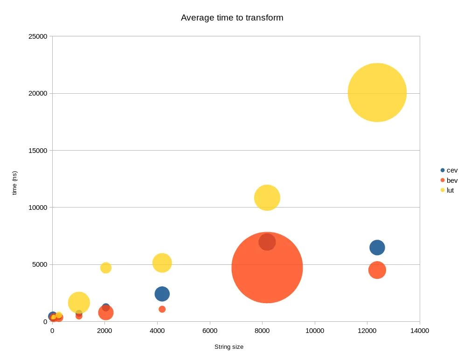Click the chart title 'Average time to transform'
pyautogui.click(x=232, y=18)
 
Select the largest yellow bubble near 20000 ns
pyautogui.click(x=377, y=92)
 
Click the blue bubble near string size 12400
pyautogui.click(x=377, y=247)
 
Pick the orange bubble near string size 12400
pyautogui.click(x=377, y=270)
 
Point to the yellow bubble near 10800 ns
pyautogui.click(x=267, y=198)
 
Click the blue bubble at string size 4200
pyautogui.click(x=162, y=294)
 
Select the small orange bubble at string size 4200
pyautogui.click(x=162, y=309)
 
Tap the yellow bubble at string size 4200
pyautogui.click(x=162, y=263)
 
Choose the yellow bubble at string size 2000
pyautogui.click(x=106, y=268)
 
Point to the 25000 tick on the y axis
pyautogui.click(x=38, y=36)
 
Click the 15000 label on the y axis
pyautogui.click(x=38, y=151)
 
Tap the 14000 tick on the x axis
pyautogui.click(x=419, y=331)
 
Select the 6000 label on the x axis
pyautogui.click(x=210, y=331)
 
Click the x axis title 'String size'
pyautogui.click(x=229, y=347)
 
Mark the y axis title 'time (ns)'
pyautogui.click(x=14, y=183)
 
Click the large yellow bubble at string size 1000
pyautogui.click(x=79, y=303)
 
